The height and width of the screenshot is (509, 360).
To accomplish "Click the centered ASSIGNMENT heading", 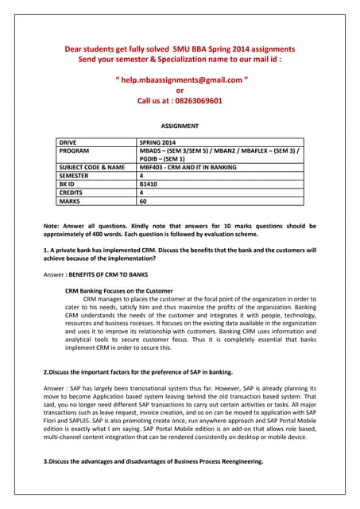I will pyautogui.click(x=180, y=126).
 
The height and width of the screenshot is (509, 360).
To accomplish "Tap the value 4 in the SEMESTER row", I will pyautogui.click(x=141, y=176).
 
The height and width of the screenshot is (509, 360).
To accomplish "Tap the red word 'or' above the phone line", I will pyautogui.click(x=180, y=91).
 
